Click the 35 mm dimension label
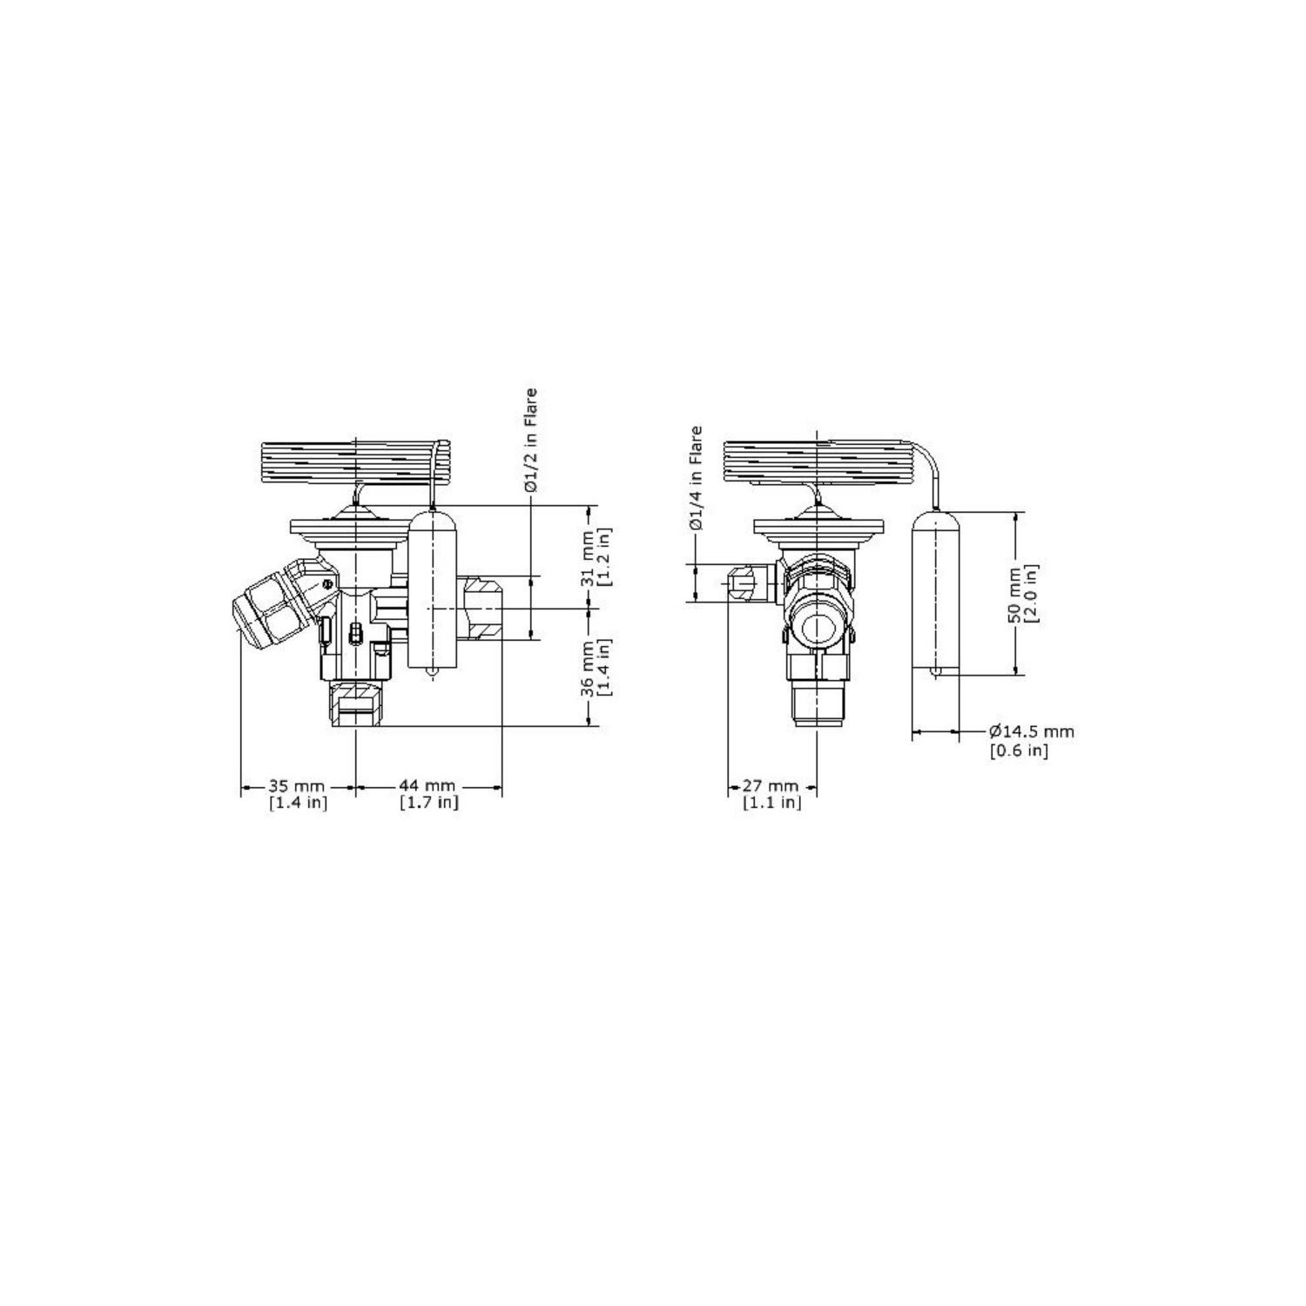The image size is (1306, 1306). (x=297, y=787)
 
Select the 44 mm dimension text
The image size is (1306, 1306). (x=427, y=787)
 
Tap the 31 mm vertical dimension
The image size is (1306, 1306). (x=589, y=557)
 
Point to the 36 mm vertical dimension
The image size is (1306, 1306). (x=589, y=668)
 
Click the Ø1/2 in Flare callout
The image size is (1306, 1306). (x=530, y=441)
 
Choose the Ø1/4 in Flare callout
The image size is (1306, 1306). (x=696, y=478)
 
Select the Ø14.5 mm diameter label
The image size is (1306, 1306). (x=1031, y=732)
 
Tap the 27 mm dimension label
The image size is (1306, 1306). (x=771, y=787)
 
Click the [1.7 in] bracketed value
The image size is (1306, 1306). (x=428, y=803)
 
